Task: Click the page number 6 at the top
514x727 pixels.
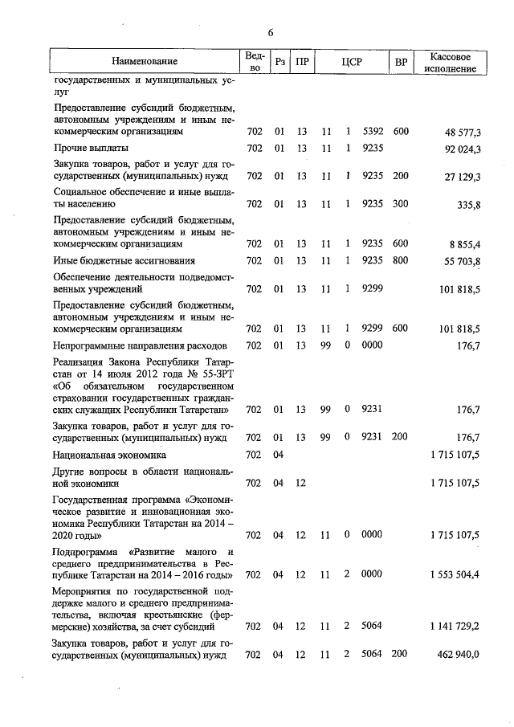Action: (271, 32)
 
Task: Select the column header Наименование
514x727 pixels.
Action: (145, 62)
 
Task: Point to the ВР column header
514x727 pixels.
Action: (401, 62)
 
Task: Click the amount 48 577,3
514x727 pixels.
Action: (460, 130)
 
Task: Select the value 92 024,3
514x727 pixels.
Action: (460, 149)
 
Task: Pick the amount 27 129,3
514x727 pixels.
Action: (460, 176)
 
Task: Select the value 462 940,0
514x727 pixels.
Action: (458, 655)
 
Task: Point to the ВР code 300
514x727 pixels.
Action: (401, 204)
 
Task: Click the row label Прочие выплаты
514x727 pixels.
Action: (92, 149)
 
